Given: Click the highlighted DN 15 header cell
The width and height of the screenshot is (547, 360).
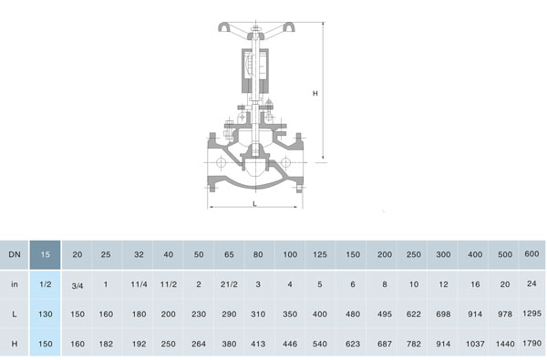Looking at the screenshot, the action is point(45,254).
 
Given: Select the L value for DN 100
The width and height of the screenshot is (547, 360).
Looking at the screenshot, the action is point(290,314).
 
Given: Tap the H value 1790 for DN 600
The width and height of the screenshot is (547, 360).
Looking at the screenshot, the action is point(532,344).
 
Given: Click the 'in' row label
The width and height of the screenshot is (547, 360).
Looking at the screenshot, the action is point(15,284).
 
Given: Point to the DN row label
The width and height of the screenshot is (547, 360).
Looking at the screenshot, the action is point(15,254).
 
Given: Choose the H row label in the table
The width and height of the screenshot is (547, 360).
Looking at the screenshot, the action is point(15,344).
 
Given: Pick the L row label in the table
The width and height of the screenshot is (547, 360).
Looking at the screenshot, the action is point(15,314).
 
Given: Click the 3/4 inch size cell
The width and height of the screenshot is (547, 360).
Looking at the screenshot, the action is point(77,285).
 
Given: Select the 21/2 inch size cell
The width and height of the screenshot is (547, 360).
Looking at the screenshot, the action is point(229,284).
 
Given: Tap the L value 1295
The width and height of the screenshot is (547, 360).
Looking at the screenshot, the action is point(532,314).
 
